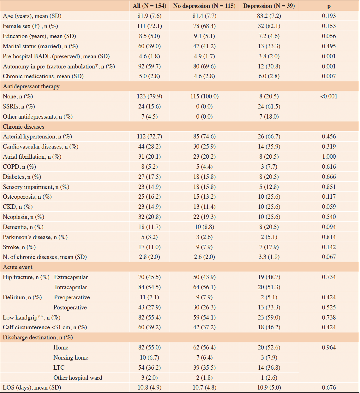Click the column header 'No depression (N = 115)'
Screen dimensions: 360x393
[x=204, y=6]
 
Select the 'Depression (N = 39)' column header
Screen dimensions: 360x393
[x=269, y=6]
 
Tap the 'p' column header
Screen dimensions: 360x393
[x=329, y=6]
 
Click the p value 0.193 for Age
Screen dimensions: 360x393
[x=329, y=16]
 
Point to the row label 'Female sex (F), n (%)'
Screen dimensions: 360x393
[x=30, y=26]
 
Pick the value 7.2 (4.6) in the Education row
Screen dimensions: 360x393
[x=269, y=36]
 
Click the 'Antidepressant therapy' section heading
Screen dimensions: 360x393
[x=31, y=86]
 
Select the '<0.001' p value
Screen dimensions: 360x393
[x=329, y=97]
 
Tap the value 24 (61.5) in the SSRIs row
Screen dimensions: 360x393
[x=269, y=106]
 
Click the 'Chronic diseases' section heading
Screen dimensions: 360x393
[x=24, y=127]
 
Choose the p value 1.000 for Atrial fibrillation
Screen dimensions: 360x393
[x=329, y=156]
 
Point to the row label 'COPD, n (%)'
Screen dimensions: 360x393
[x=20, y=167]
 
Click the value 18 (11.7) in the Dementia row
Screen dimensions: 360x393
[x=149, y=227]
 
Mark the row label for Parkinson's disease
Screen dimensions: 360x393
[x=35, y=237]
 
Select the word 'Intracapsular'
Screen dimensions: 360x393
[x=71, y=287]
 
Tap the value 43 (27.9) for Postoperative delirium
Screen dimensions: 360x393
[x=149, y=307]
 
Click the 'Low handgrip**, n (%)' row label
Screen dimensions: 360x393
[x=32, y=317]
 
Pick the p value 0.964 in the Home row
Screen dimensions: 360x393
[x=329, y=347]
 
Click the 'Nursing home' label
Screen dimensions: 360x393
[x=71, y=358]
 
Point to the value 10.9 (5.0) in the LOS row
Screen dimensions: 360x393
[x=269, y=388]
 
